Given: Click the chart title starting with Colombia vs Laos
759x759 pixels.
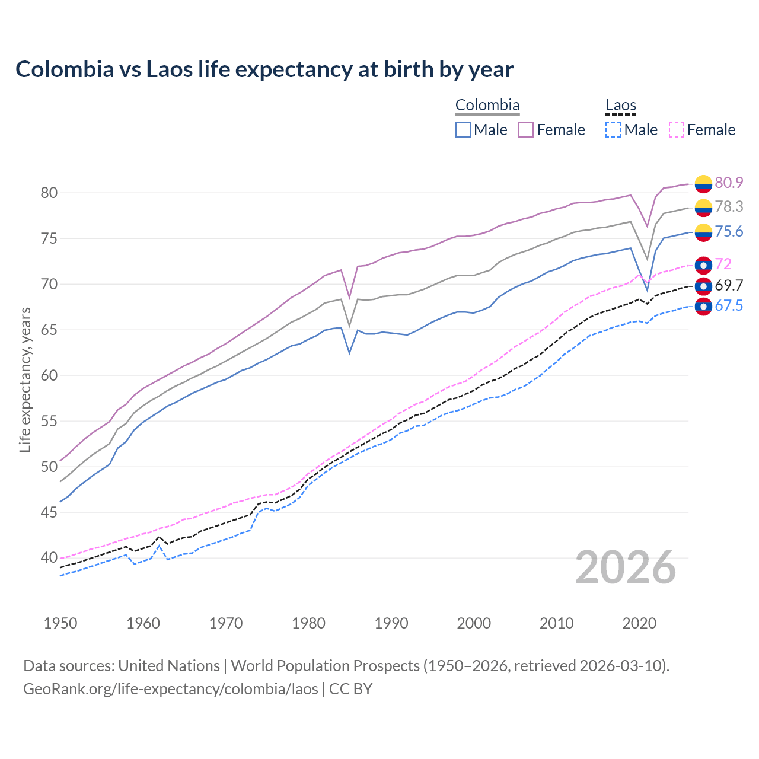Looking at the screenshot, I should tap(264, 69).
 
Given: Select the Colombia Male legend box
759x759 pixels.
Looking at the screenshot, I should tap(463, 130).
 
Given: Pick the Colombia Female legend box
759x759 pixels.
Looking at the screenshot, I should tap(526, 130).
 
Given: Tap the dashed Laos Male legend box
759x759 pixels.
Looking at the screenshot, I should tap(613, 130).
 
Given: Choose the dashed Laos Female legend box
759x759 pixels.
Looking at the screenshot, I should tap(676, 130).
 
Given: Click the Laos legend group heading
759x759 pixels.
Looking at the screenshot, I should tap(621, 106).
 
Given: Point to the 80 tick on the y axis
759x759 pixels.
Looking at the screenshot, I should tap(49, 193).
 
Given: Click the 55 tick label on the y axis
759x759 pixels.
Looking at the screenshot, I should tap(49, 421).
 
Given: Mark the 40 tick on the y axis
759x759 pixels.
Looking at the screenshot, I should tap(49, 557).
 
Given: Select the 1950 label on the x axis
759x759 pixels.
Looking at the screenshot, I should tap(60, 623).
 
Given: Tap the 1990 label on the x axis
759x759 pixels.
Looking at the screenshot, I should tap(391, 623).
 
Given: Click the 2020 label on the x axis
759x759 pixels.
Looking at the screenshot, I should tap(639, 623).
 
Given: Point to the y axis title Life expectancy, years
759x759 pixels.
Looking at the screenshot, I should tap(25, 379).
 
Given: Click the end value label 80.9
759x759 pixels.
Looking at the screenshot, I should tap(729, 183).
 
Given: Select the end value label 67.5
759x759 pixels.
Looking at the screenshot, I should tap(729, 305).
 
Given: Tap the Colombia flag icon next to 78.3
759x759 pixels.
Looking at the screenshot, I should tap(703, 208).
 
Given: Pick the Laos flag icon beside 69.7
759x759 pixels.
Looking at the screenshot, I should tap(703, 286).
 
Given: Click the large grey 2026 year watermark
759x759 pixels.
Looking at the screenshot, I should tap(626, 567).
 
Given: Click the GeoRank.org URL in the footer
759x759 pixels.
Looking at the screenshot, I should tap(171, 689).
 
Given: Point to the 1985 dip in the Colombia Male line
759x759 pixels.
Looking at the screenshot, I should tap(349, 353).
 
